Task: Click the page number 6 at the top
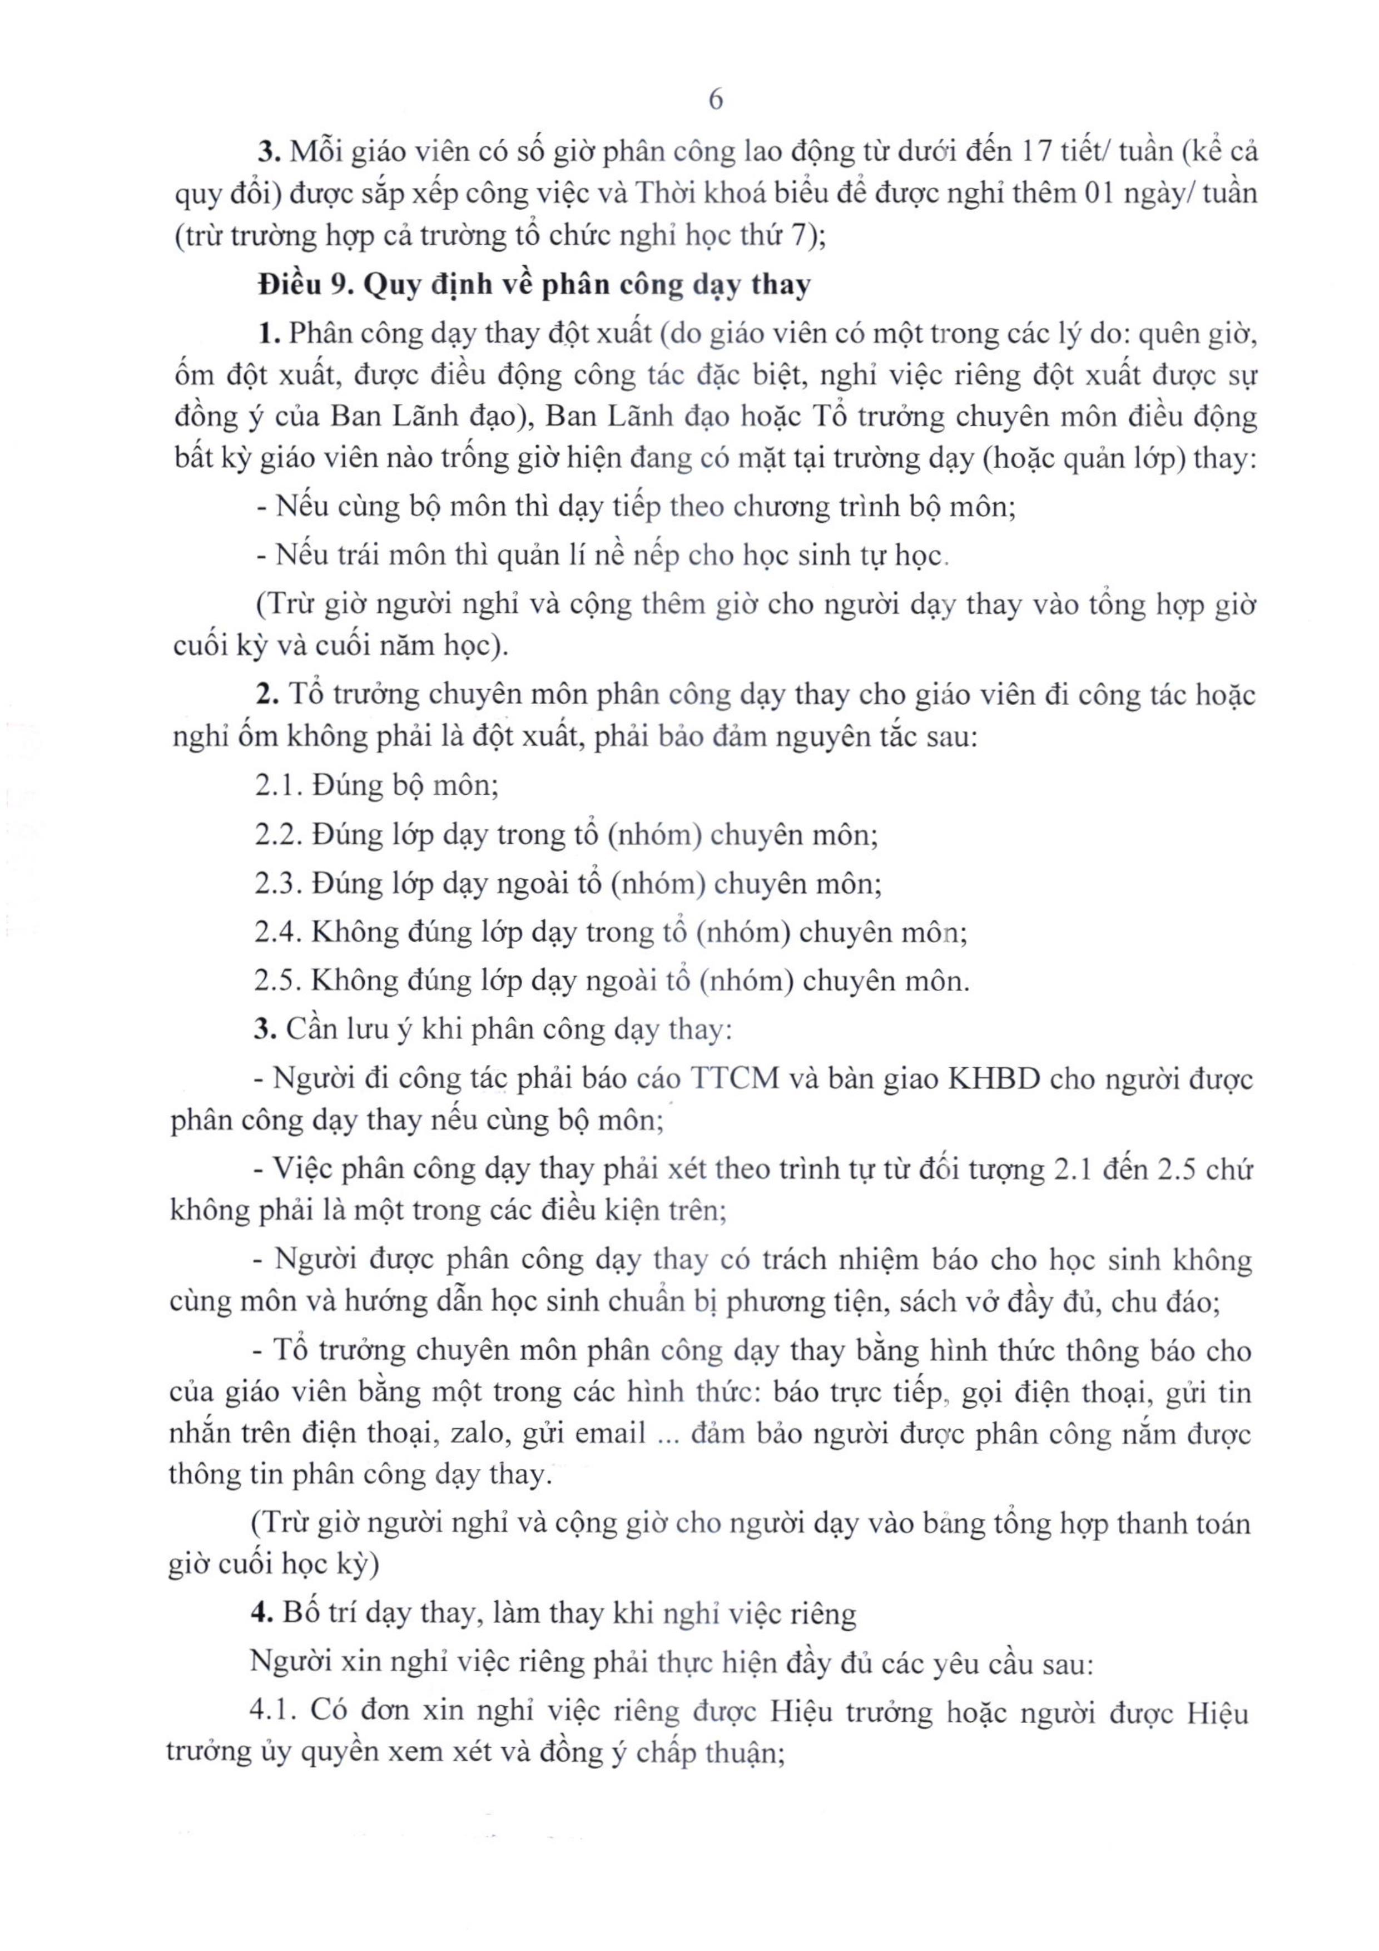[x=716, y=100]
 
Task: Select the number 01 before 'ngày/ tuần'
[x=1104, y=195]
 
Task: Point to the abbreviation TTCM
[x=736, y=1079]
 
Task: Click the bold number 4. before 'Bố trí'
[x=261, y=1613]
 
